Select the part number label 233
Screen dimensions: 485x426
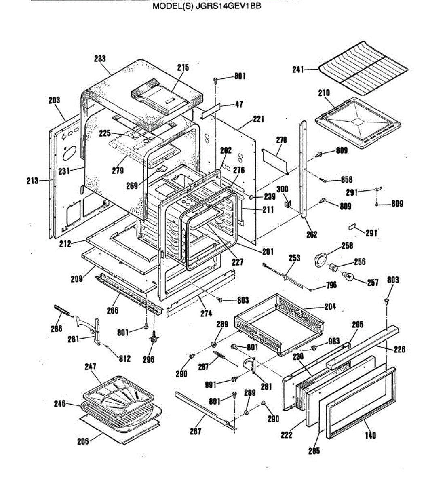(100, 59)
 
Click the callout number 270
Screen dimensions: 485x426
(281, 140)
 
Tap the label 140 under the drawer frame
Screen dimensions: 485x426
(370, 435)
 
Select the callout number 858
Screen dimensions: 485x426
(346, 180)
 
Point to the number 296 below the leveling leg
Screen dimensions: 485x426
(149, 359)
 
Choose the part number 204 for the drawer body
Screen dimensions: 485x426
(330, 306)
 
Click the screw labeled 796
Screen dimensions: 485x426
(312, 289)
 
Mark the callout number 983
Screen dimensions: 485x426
(334, 341)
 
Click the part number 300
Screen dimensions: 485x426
(282, 189)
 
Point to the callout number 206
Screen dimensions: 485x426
(83, 441)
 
